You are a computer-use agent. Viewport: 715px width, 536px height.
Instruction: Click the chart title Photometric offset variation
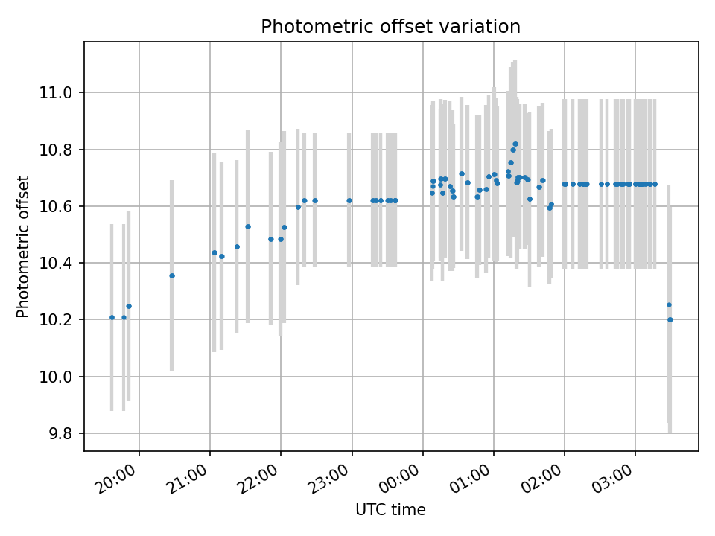tap(390, 27)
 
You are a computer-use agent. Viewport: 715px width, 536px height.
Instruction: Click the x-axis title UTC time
tap(390, 510)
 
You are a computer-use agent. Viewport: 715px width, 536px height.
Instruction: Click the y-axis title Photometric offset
tap(23, 246)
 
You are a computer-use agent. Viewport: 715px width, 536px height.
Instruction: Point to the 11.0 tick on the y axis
tap(63, 93)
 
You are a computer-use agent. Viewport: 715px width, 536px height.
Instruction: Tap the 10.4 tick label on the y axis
tap(63, 264)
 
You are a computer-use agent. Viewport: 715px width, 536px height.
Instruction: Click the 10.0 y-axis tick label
tap(63, 377)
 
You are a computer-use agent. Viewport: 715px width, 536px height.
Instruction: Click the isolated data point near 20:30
tap(172, 275)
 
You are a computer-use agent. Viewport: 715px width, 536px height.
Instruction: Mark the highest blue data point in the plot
tap(515, 144)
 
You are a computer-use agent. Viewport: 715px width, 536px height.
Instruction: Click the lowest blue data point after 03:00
tap(670, 319)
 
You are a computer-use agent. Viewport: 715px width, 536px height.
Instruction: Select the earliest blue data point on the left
tap(112, 317)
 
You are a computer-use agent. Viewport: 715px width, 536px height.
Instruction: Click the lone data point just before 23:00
tap(349, 200)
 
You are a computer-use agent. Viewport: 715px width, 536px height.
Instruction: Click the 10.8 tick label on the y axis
tap(63, 150)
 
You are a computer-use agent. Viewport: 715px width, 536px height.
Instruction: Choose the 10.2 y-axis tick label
tap(63, 320)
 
